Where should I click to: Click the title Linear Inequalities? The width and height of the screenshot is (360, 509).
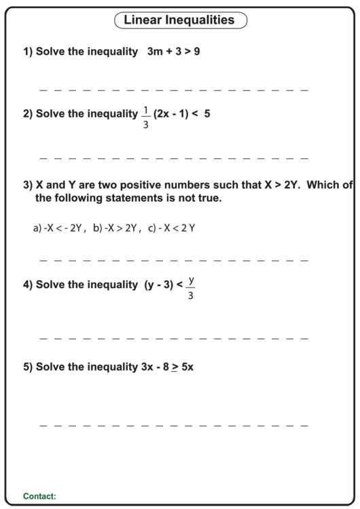(179, 20)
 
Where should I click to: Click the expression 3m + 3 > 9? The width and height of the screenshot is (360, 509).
(173, 52)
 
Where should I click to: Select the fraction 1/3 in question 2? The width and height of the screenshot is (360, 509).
(145, 115)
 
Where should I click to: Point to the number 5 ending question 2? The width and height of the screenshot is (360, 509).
(207, 114)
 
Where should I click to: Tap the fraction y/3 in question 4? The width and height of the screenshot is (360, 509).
(191, 286)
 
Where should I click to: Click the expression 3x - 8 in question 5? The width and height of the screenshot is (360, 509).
(154, 367)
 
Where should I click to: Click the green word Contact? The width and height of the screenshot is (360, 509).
(39, 497)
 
